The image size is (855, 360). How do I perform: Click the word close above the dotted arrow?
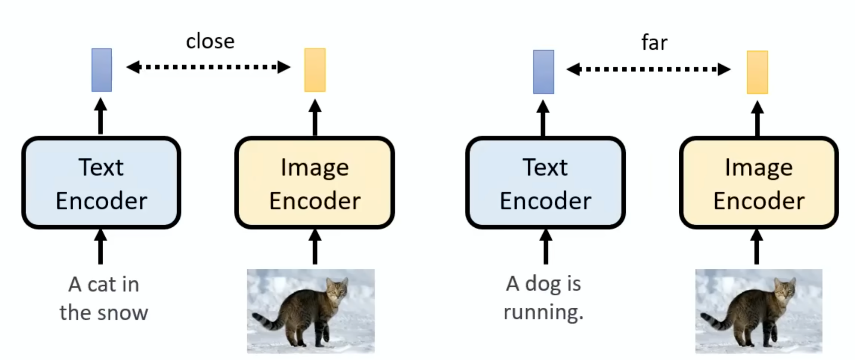pyautogui.click(x=210, y=41)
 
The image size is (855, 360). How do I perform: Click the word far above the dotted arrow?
pyautogui.click(x=654, y=43)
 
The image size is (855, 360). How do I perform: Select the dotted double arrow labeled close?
pyautogui.click(x=208, y=67)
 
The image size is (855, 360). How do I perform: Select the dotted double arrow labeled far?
pyautogui.click(x=648, y=69)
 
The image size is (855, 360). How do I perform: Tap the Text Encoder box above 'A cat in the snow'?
pyautogui.click(x=101, y=183)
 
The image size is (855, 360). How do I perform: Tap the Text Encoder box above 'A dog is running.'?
pyautogui.click(x=545, y=183)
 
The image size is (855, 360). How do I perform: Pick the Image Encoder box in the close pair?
pyautogui.click(x=315, y=183)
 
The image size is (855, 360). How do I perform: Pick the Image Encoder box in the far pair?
pyautogui.click(x=759, y=183)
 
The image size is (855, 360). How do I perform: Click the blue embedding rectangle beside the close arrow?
pyautogui.click(x=102, y=70)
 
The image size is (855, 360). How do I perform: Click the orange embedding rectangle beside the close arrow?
pyautogui.click(x=315, y=70)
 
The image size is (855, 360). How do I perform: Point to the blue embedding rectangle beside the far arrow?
pyautogui.click(x=543, y=72)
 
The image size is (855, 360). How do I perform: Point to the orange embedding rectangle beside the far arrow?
pyautogui.click(x=757, y=72)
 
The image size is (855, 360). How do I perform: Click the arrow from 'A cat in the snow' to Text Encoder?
pyautogui.click(x=100, y=247)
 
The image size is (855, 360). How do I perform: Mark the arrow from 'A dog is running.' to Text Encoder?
pyautogui.click(x=546, y=247)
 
